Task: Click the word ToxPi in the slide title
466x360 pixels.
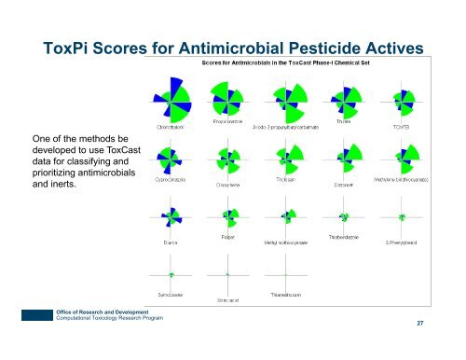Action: [x=63, y=48]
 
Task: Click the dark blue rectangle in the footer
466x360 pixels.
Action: [x=14, y=315]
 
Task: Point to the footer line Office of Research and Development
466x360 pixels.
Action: [x=77, y=311]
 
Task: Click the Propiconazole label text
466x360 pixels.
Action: [x=227, y=125]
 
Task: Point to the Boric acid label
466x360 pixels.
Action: [x=228, y=299]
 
